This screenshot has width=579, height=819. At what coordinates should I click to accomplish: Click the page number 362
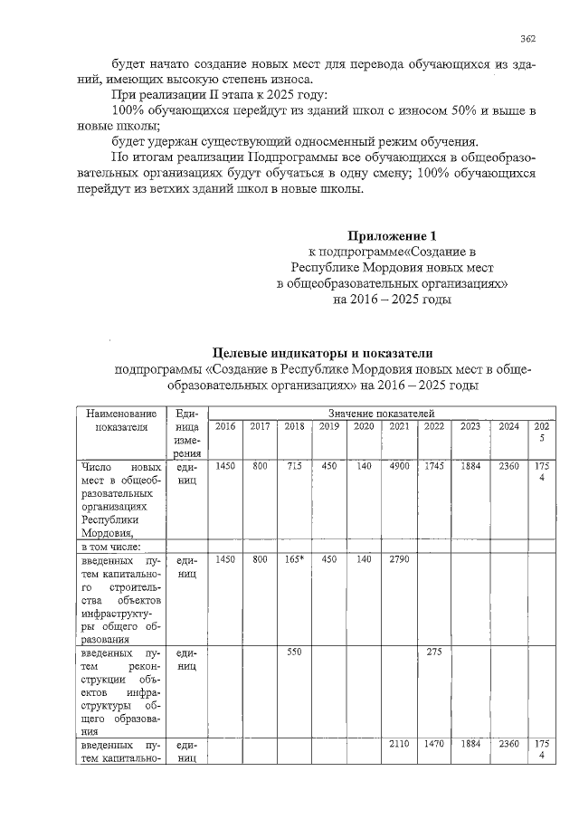[x=529, y=38]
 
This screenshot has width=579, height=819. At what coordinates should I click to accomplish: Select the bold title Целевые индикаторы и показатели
[x=323, y=352]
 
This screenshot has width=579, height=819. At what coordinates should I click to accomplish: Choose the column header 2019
[x=329, y=426]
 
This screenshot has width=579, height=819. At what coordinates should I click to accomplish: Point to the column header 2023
[x=470, y=426]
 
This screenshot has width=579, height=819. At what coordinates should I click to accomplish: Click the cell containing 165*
[x=294, y=560]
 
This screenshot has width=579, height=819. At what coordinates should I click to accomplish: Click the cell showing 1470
[x=434, y=744]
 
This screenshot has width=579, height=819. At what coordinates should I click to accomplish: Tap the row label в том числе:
[x=109, y=547]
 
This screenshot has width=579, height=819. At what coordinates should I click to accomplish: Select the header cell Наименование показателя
[x=115, y=420]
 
